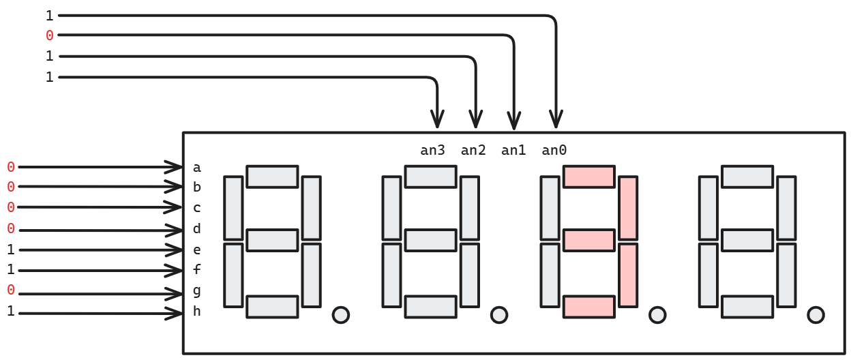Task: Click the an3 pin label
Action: [432, 151]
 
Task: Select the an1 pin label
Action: [513, 151]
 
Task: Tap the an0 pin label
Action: [554, 151]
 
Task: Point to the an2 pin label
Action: [473, 151]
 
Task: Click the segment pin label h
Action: [197, 312]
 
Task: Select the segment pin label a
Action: [197, 167]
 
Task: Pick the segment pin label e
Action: [197, 250]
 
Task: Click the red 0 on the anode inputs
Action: [49, 35]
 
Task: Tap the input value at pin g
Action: [11, 290]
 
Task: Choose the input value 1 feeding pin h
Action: [11, 312]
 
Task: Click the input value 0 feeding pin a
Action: [11, 167]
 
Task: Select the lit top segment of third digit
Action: [588, 177]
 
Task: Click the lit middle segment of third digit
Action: [588, 241]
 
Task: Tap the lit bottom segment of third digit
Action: [588, 307]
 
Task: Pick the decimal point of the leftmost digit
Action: [340, 314]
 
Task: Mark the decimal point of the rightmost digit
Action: [815, 314]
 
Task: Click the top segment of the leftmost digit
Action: [272, 177]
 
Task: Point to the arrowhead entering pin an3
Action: [436, 120]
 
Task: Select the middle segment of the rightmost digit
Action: [747, 241]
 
